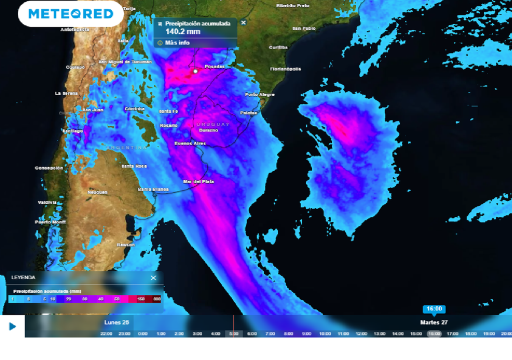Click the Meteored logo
tap(70, 13)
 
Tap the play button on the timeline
tap(12, 326)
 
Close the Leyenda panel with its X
tap(153, 278)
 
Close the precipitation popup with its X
tap(243, 22)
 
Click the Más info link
tap(177, 43)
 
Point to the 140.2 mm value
tap(183, 32)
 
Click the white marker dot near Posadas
tap(195, 71)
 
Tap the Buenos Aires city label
tap(190, 143)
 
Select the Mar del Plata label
tap(198, 181)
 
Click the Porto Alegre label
tap(260, 94)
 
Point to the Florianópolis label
tap(285, 69)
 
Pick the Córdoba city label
tap(134, 108)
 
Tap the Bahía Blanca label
tap(153, 189)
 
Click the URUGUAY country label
tap(212, 124)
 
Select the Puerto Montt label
tap(50, 221)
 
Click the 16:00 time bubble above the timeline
tap(433, 309)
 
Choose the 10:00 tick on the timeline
tap(325, 333)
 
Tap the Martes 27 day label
tap(433, 322)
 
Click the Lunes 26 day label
tap(117, 322)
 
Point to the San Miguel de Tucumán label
tap(125, 62)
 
